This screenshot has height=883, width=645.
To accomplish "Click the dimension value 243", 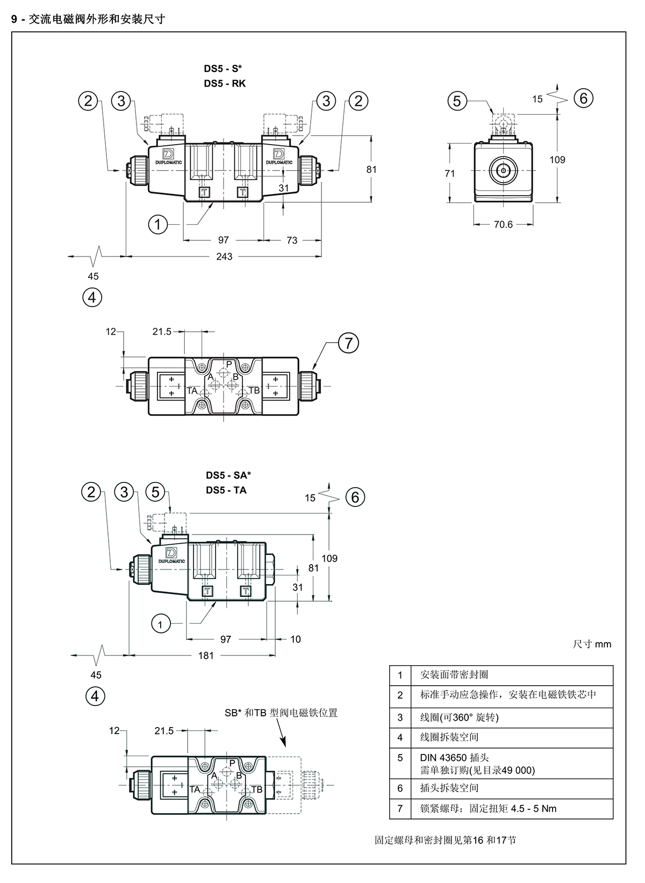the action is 224,257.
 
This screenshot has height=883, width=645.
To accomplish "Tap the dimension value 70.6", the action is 503,225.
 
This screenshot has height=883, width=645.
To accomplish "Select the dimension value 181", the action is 206,656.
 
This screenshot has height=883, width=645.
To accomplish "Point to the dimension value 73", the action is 292,240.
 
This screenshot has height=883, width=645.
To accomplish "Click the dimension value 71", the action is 449,174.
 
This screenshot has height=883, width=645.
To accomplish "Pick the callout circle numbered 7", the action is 349,343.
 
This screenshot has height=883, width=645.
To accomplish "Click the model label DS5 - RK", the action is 225,83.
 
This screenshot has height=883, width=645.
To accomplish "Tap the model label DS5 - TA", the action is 226,490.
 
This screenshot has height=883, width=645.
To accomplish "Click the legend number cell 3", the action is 400,717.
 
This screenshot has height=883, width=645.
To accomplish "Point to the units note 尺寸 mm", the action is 592,644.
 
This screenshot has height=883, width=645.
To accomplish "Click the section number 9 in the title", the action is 14,19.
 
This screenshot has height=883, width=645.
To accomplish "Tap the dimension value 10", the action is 296,639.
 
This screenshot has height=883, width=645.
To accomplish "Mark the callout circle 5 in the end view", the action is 457,101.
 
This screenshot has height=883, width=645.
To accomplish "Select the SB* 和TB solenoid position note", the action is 281,713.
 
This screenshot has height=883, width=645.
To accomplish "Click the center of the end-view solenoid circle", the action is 504,170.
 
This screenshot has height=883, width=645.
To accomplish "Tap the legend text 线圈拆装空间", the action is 449,737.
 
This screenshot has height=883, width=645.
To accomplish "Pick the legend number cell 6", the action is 400,788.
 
